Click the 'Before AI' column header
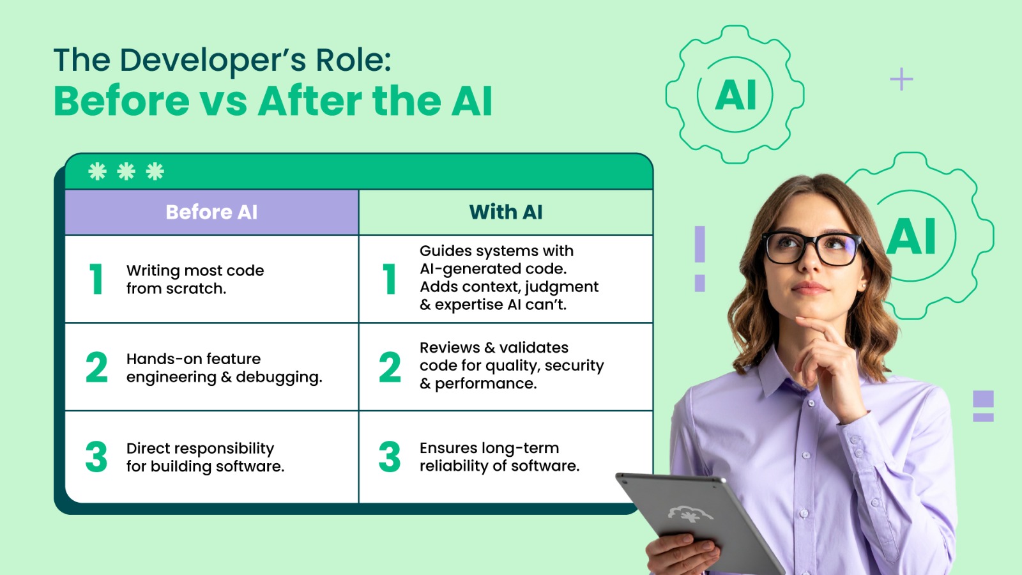tap(211, 212)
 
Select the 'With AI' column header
tap(505, 212)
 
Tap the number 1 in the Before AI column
tap(96, 279)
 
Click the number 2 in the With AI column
tap(390, 367)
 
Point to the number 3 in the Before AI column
tap(96, 457)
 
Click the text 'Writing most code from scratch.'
tap(195, 279)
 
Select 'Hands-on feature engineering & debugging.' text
tap(224, 368)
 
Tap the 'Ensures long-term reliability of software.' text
tap(499, 457)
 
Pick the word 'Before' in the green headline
tap(121, 102)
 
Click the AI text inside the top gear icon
tap(736, 95)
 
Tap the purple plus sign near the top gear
tap(901, 79)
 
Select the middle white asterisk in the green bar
tap(126, 171)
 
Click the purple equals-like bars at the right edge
tap(983, 406)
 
